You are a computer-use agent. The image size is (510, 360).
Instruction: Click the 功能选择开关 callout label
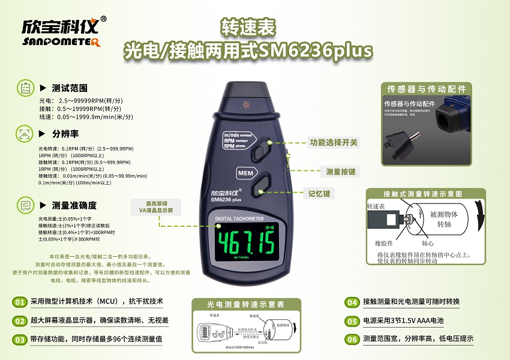[x=334, y=143]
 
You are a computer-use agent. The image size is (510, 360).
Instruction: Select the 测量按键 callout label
[x=340, y=172]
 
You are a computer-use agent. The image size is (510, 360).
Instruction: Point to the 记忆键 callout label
[x=319, y=193]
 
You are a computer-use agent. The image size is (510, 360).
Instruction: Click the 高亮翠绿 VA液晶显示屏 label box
[x=155, y=207]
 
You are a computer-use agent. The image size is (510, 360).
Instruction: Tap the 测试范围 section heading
[x=70, y=88]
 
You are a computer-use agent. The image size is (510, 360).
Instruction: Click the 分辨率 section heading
[x=65, y=133]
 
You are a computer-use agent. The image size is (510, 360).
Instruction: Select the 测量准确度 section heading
[x=74, y=205]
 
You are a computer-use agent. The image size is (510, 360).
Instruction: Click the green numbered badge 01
[x=20, y=301]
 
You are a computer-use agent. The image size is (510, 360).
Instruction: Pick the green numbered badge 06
[x=352, y=339]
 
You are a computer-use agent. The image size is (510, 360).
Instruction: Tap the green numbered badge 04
[x=352, y=301]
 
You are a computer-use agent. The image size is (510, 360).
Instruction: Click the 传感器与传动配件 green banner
[x=426, y=89]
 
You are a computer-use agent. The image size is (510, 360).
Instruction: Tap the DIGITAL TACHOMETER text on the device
[x=239, y=219]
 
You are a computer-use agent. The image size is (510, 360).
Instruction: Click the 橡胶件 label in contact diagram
[x=384, y=244]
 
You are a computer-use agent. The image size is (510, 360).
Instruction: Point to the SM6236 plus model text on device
[x=226, y=200]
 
